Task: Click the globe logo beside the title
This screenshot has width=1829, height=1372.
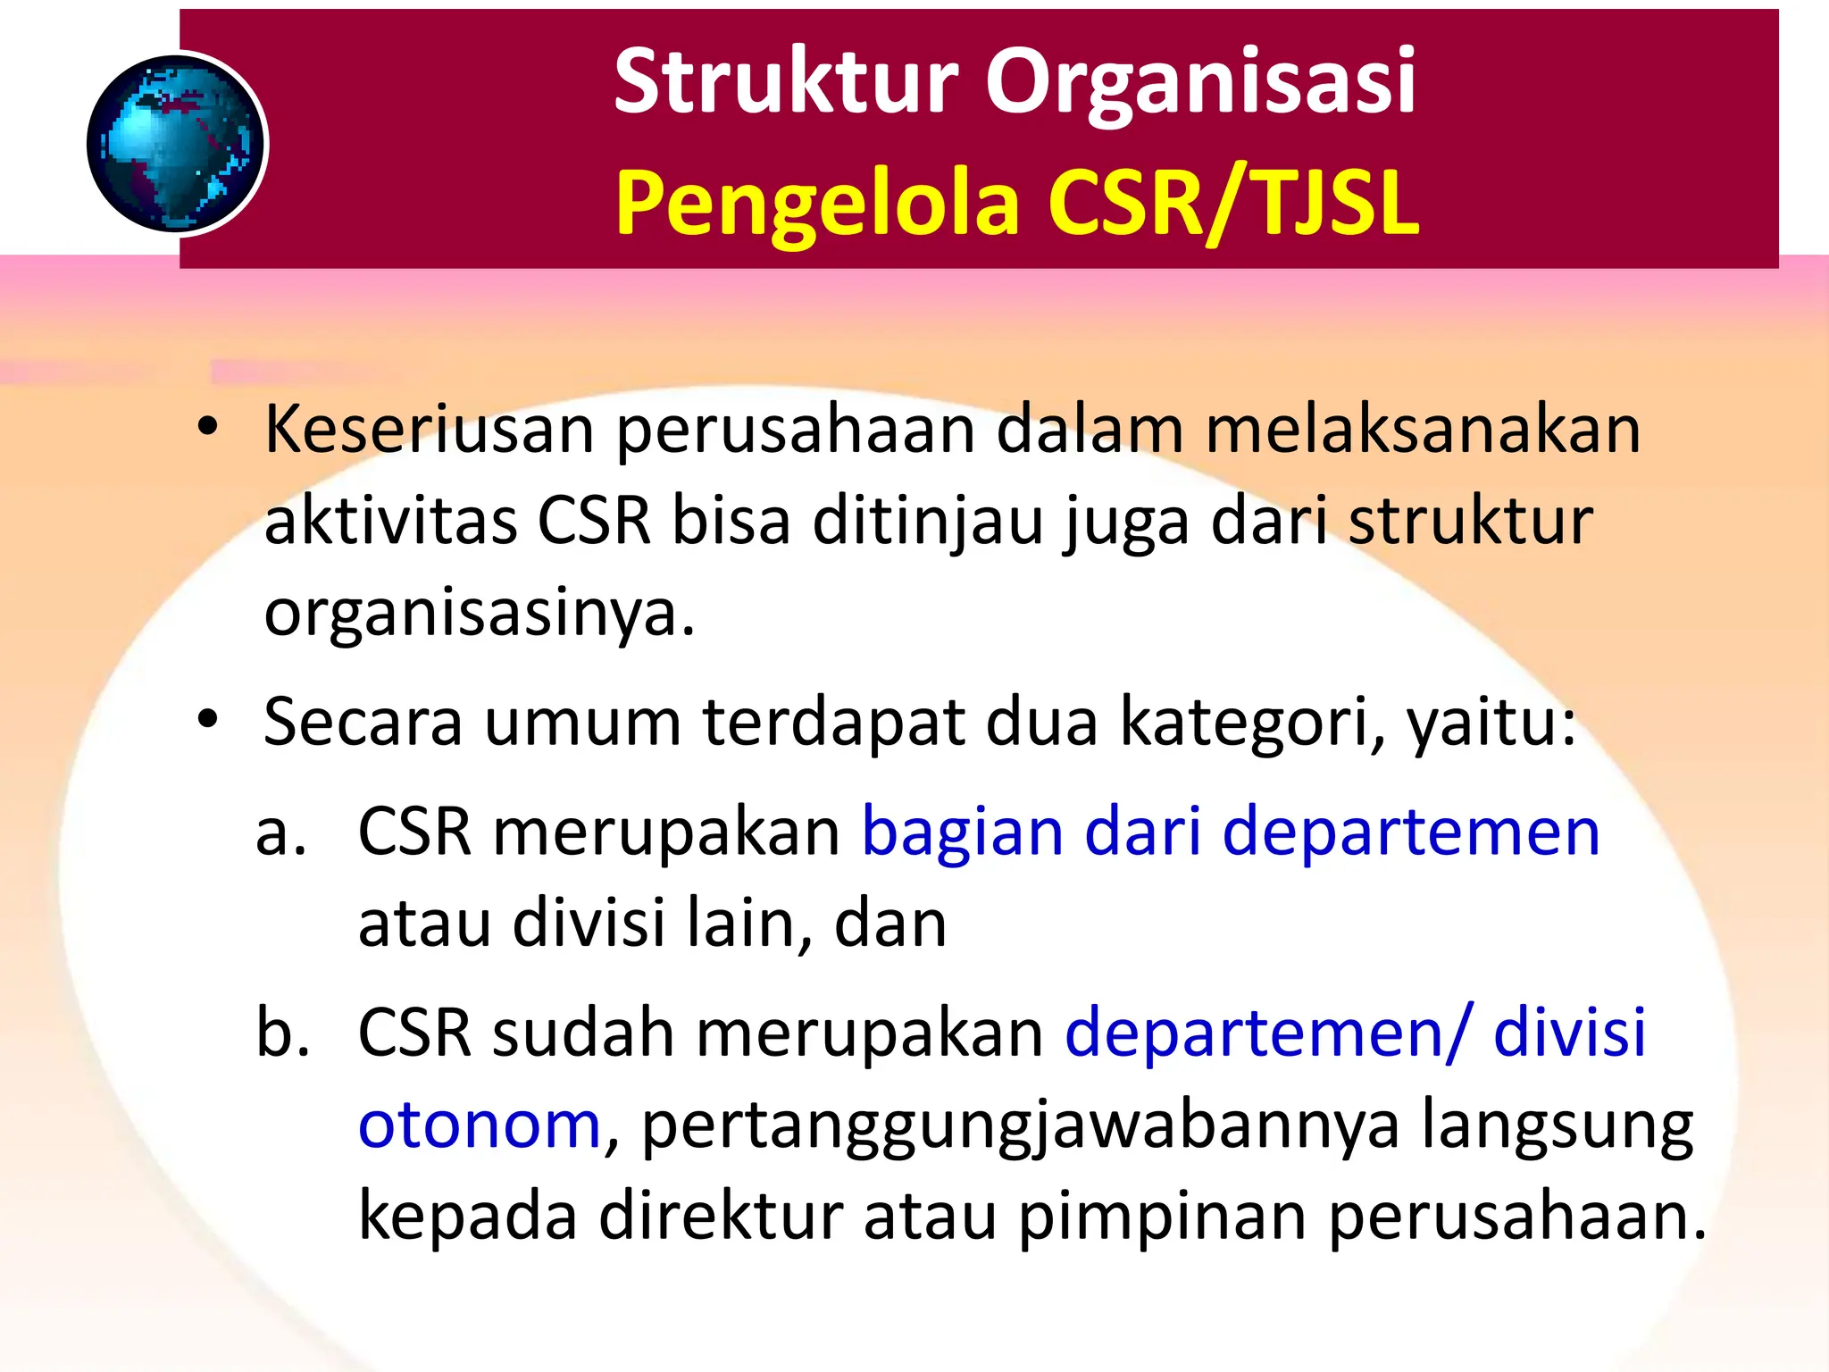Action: tap(177, 144)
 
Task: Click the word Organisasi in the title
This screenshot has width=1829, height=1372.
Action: tap(1200, 82)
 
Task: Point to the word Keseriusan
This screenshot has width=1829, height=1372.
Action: tap(429, 430)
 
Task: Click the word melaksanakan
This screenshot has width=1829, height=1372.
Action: tap(1423, 430)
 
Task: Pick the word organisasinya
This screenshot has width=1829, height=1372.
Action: tap(479, 615)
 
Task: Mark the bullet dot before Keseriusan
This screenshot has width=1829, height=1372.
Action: tap(208, 427)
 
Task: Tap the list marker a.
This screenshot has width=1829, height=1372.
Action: tap(280, 832)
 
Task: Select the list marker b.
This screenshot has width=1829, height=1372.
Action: tap(282, 1032)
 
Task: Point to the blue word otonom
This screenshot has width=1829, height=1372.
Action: tap(480, 1125)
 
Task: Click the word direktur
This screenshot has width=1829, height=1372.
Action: tap(721, 1217)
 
